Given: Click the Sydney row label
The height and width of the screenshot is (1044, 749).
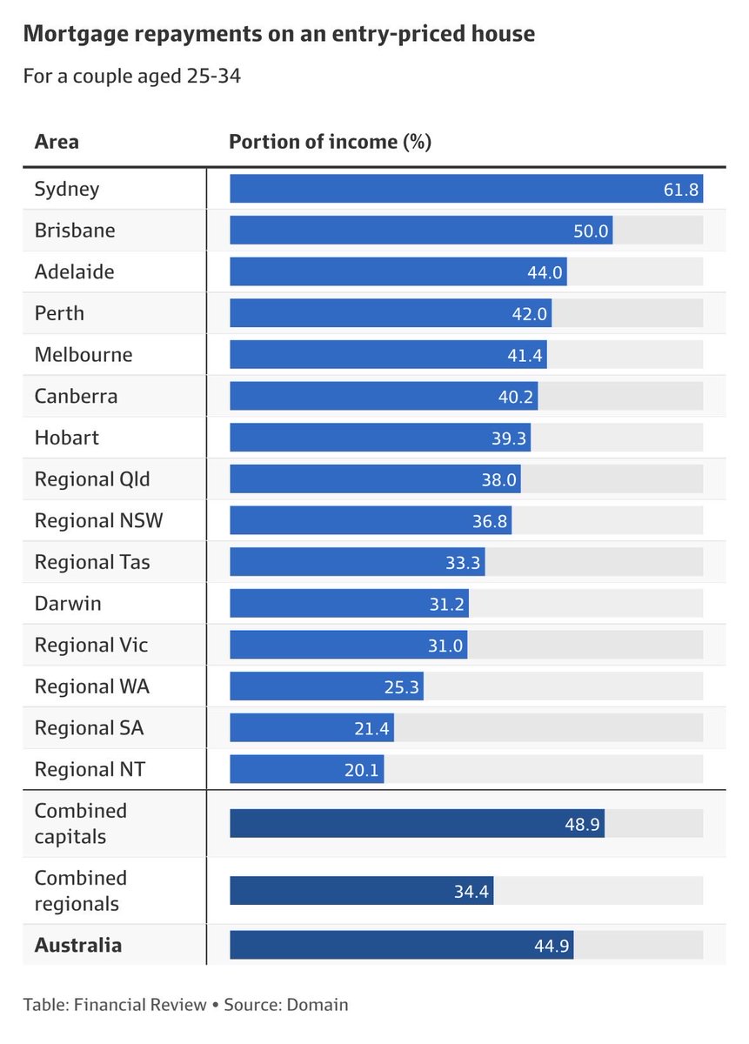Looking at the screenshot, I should pos(67,189).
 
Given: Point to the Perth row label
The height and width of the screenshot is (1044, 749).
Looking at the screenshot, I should pos(59,313).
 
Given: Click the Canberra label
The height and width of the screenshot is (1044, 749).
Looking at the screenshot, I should pos(76,397).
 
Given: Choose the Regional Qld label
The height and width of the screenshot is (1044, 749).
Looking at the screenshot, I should pos(86,479).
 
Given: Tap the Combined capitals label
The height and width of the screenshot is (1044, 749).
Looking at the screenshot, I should pos(81,823).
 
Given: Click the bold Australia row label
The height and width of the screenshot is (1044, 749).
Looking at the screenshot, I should pos(78,945).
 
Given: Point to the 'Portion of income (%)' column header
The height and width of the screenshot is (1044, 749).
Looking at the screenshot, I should pos(330,142).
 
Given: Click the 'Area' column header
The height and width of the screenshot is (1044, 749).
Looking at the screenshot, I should pos(57,142).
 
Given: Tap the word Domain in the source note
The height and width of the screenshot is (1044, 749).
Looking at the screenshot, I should pos(319,1005).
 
